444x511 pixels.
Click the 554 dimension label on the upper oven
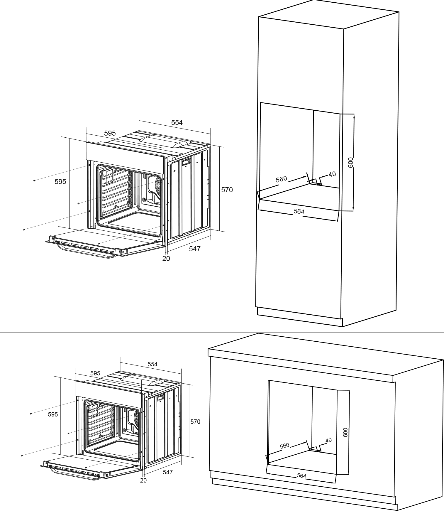[x=177, y=123]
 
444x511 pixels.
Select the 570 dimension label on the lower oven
[x=195, y=422]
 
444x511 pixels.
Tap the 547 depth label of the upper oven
[x=195, y=249]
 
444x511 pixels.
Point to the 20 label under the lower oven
[x=143, y=480]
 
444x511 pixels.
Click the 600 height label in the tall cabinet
[x=350, y=162]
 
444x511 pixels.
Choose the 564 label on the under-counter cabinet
[x=301, y=476]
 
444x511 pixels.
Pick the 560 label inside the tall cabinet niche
[x=281, y=179]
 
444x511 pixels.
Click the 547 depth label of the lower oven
[x=168, y=472]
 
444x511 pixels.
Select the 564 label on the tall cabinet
[x=299, y=211]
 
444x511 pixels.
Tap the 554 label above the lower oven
[x=152, y=364]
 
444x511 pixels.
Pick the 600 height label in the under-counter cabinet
[x=345, y=432]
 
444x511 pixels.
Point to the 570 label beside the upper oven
[x=227, y=190]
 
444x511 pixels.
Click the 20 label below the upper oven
[x=166, y=259]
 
